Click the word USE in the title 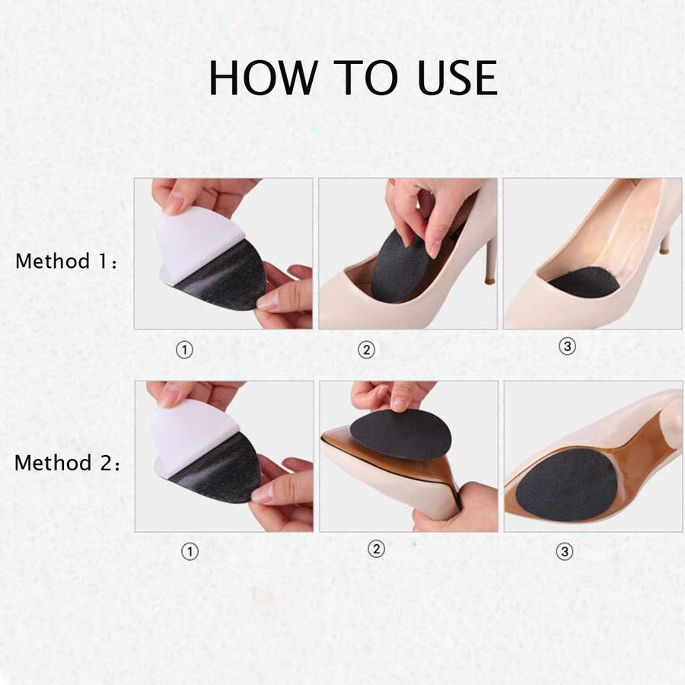[x=457, y=78]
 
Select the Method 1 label [x=66, y=261]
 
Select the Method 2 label [x=67, y=463]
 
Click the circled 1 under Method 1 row [x=184, y=349]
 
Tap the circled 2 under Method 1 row [x=367, y=349]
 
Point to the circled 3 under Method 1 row [x=567, y=346]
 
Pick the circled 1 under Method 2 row [x=190, y=551]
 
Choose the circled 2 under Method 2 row [x=376, y=548]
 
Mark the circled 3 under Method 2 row [x=564, y=551]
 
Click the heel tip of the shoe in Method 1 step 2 [x=489, y=280]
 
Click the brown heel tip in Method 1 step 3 [x=664, y=249]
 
